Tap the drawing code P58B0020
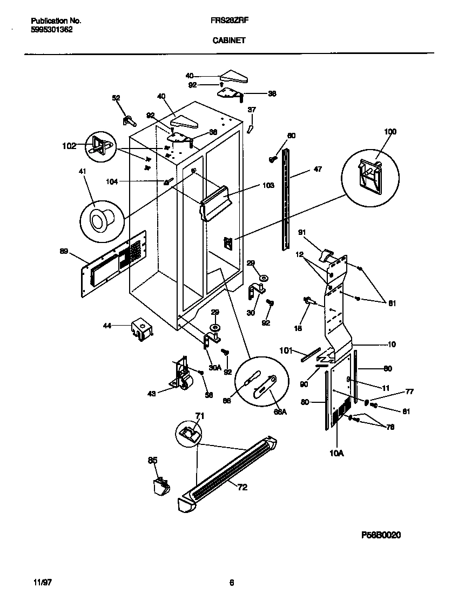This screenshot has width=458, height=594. [x=381, y=534]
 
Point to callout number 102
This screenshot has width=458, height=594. [x=69, y=145]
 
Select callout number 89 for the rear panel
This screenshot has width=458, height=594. [x=64, y=251]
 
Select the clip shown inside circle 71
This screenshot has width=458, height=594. [x=188, y=433]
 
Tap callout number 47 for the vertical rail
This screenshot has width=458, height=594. [x=318, y=170]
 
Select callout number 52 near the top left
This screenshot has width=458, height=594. [x=116, y=98]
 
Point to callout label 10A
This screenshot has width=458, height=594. [x=336, y=454]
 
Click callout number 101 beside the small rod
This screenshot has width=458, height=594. [x=286, y=350]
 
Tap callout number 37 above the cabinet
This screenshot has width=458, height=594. [x=251, y=110]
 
